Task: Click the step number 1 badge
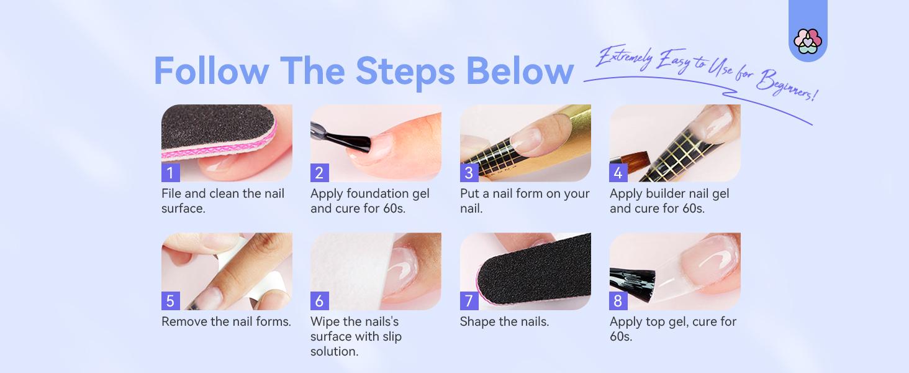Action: (170, 173)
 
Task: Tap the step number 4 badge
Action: (618, 173)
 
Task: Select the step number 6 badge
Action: (319, 301)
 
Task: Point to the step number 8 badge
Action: (618, 301)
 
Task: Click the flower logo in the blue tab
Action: (808, 41)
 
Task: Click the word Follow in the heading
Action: (212, 71)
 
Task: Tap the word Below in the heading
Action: (520, 71)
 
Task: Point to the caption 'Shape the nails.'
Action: (504, 321)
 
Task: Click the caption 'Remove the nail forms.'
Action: (226, 321)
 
